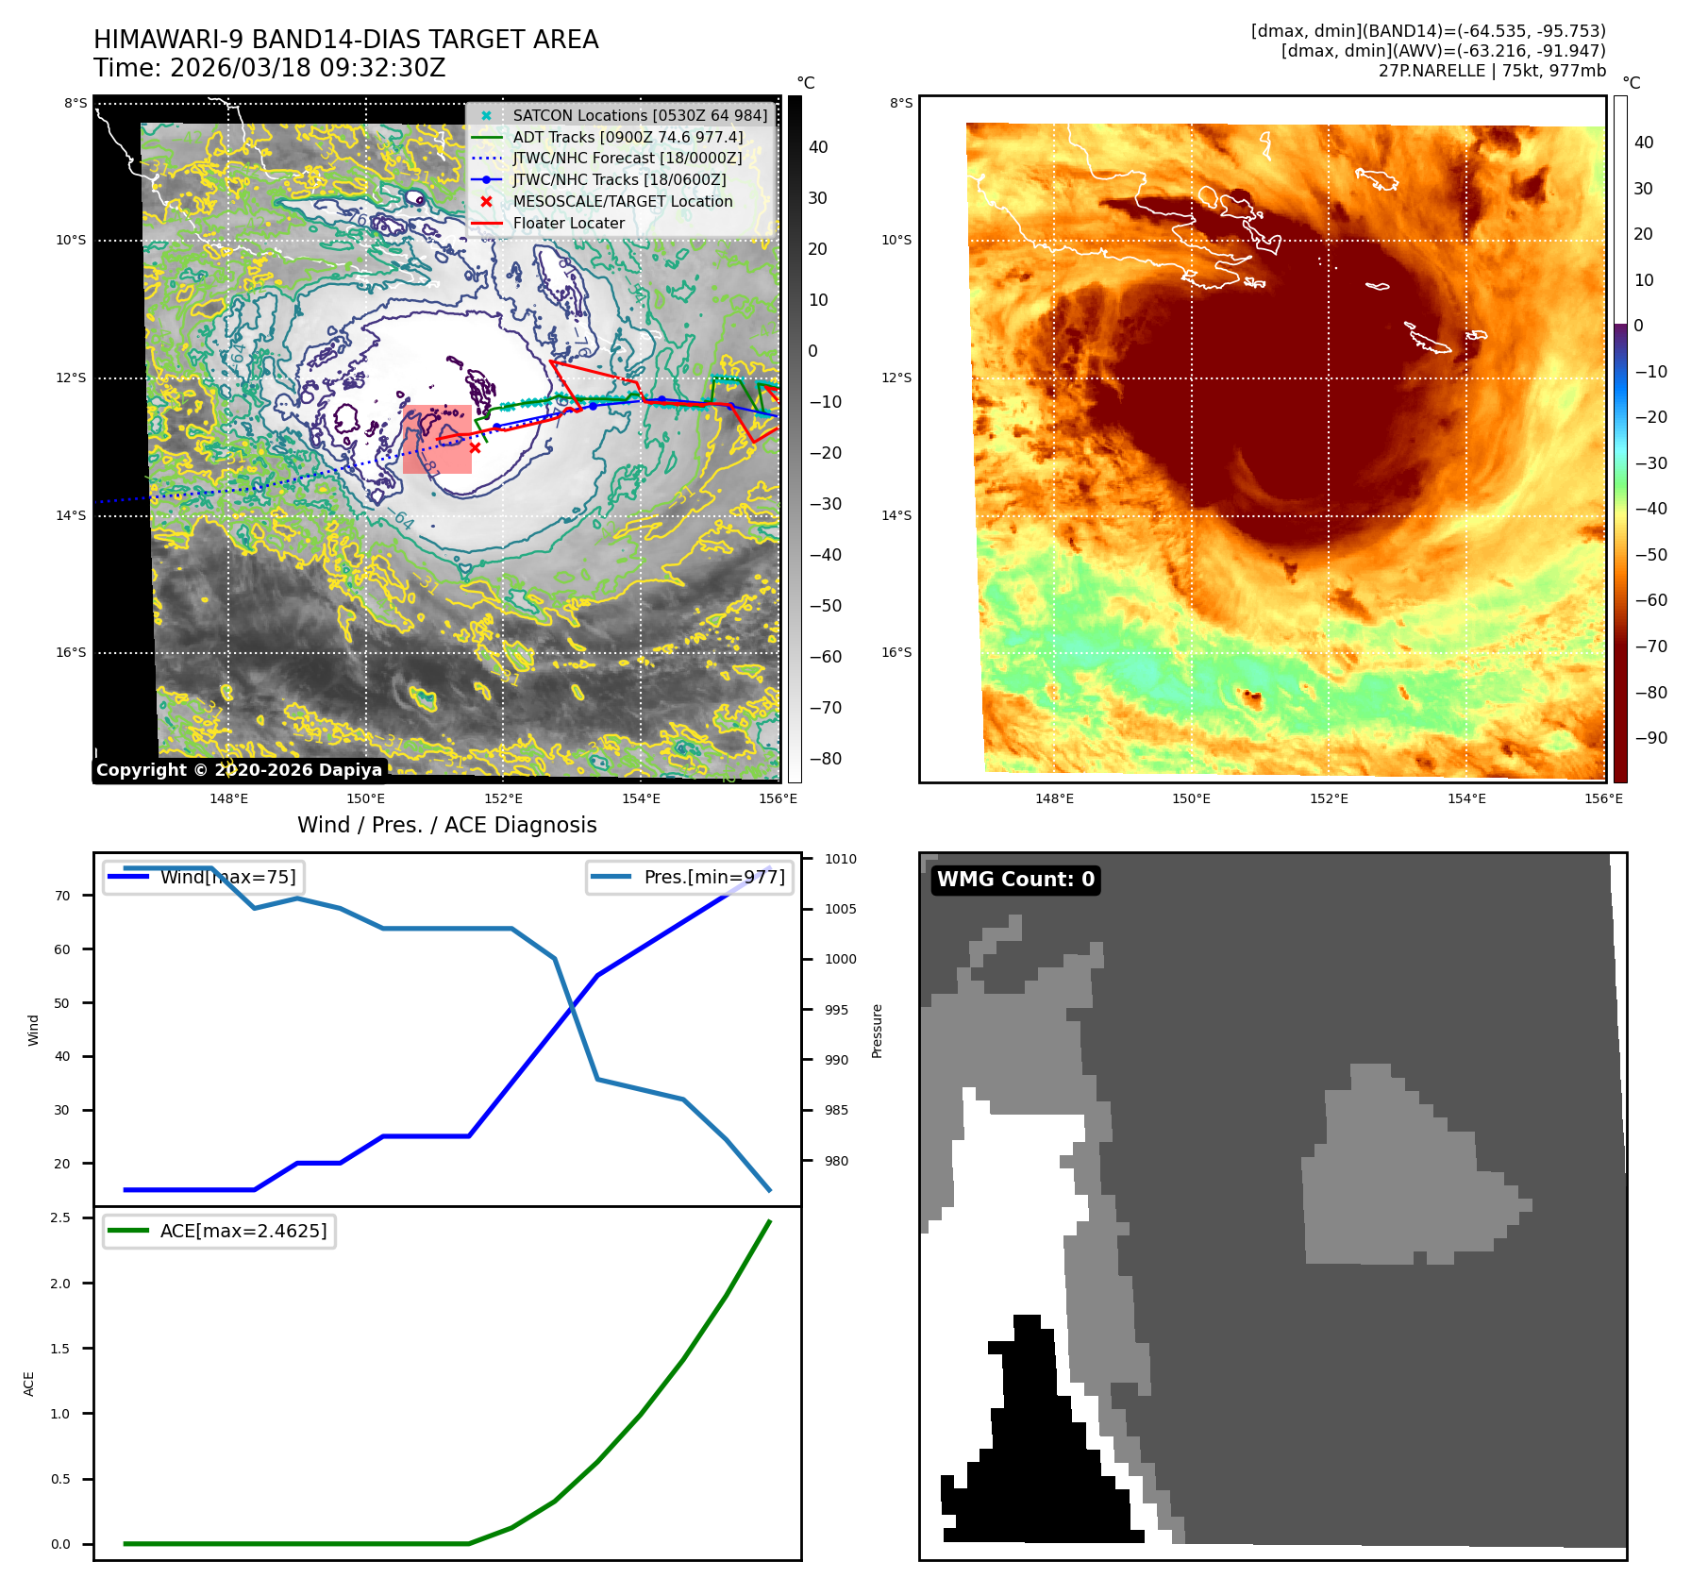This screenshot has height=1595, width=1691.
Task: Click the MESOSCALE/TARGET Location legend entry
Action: tap(622, 201)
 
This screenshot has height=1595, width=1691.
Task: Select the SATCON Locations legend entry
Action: tap(640, 115)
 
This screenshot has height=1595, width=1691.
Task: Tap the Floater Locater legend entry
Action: tap(568, 223)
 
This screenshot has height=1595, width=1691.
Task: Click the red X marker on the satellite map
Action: tap(475, 448)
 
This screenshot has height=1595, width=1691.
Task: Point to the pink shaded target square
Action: tap(436, 439)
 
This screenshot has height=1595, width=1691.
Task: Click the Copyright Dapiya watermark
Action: tap(239, 770)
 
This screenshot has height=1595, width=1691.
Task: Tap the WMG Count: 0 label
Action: tap(1015, 880)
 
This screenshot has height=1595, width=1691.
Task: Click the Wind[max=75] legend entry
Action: tap(227, 877)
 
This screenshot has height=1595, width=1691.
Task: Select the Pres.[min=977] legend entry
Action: tap(713, 877)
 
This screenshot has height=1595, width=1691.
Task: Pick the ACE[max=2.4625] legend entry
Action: tap(243, 1231)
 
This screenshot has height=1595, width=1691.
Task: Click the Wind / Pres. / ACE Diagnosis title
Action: tap(446, 825)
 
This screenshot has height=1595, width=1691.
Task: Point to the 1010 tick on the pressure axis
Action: tap(840, 859)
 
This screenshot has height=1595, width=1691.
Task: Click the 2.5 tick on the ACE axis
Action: tap(60, 1217)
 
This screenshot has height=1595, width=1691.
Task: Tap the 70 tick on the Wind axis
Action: tap(62, 896)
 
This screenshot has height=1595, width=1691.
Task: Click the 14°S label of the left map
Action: tap(71, 515)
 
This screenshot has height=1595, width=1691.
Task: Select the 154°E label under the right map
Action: tap(1466, 798)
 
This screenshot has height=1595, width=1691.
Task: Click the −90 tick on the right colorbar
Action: tap(1650, 738)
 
